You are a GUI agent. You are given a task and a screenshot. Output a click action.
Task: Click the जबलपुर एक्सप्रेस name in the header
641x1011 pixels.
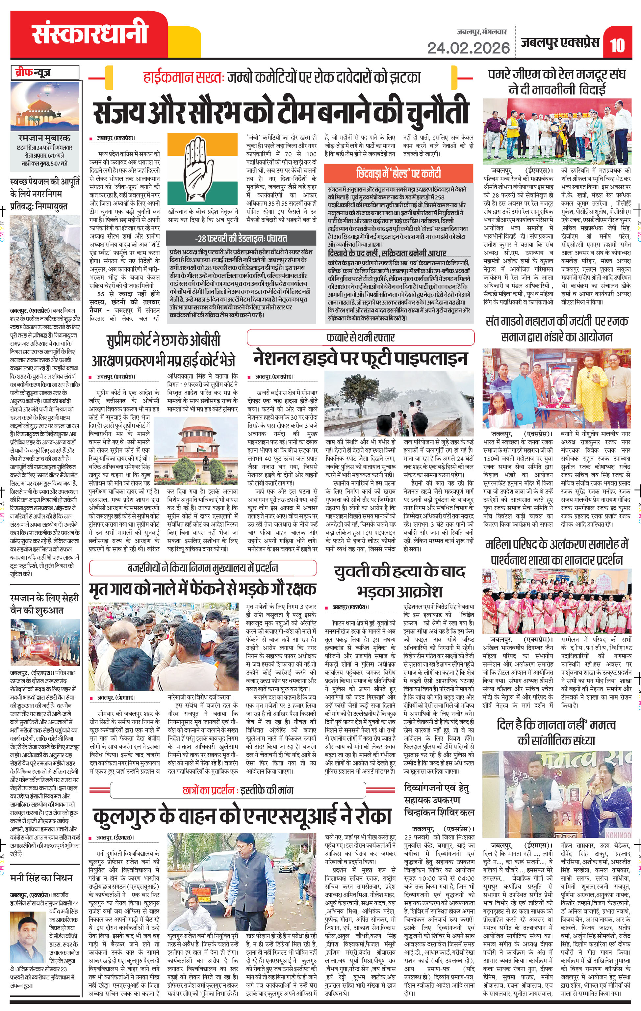[560, 43]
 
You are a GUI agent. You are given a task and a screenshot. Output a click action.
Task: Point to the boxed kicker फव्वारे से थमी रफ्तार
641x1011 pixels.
[360, 337]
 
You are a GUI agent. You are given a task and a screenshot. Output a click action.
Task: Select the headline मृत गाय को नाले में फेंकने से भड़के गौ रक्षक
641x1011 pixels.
[202, 589]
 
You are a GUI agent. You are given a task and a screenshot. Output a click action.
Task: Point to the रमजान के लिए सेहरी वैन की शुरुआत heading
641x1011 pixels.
[44, 604]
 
